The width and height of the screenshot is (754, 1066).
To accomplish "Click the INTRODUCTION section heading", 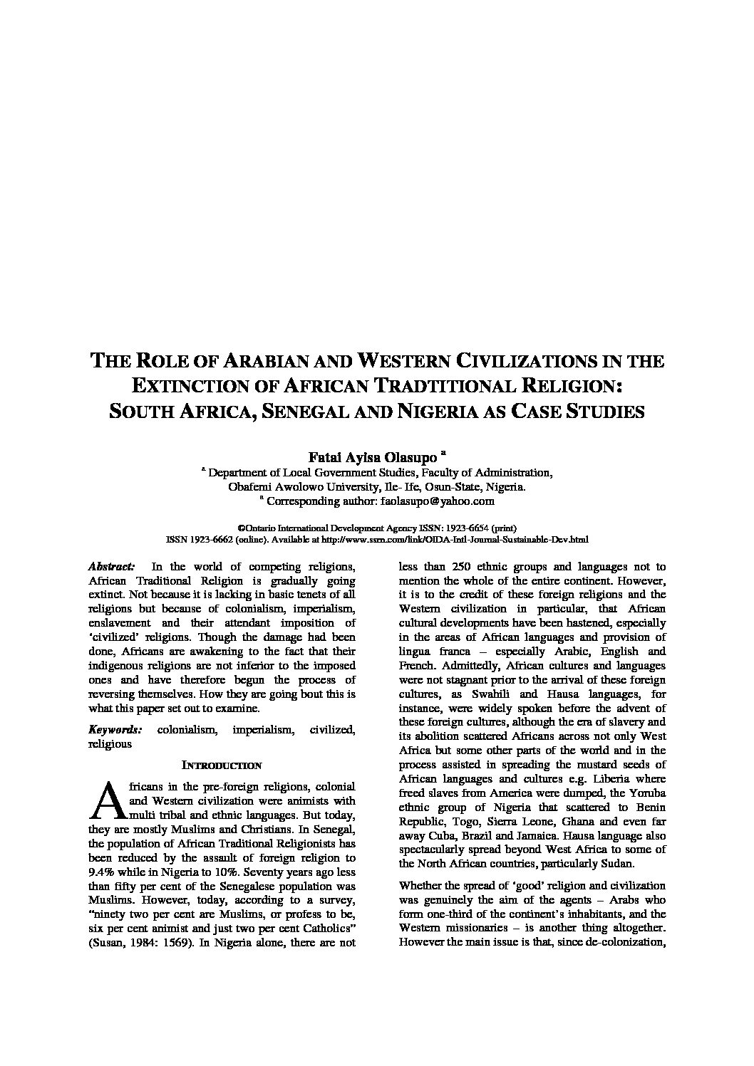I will coord(222,765).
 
